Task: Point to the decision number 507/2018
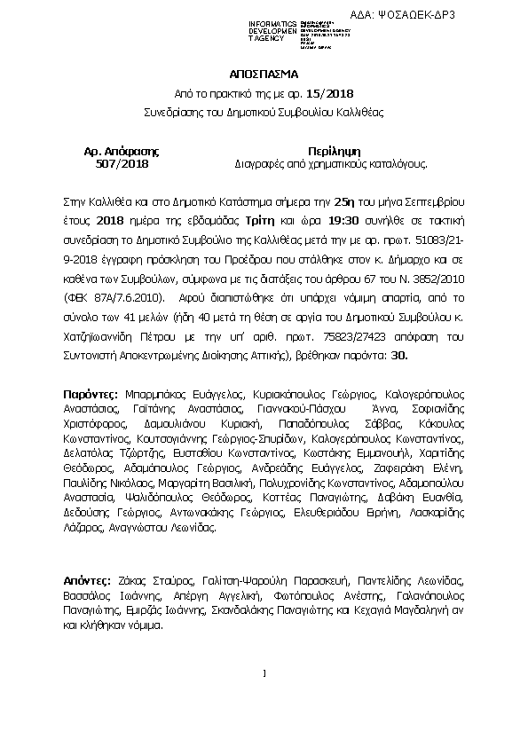[x=122, y=164]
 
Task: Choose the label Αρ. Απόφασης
[x=122, y=152]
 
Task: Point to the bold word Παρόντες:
[x=91, y=392]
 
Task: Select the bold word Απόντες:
[x=87, y=581]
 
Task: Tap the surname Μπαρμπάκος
[x=152, y=392]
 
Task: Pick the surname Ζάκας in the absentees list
[x=130, y=581]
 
